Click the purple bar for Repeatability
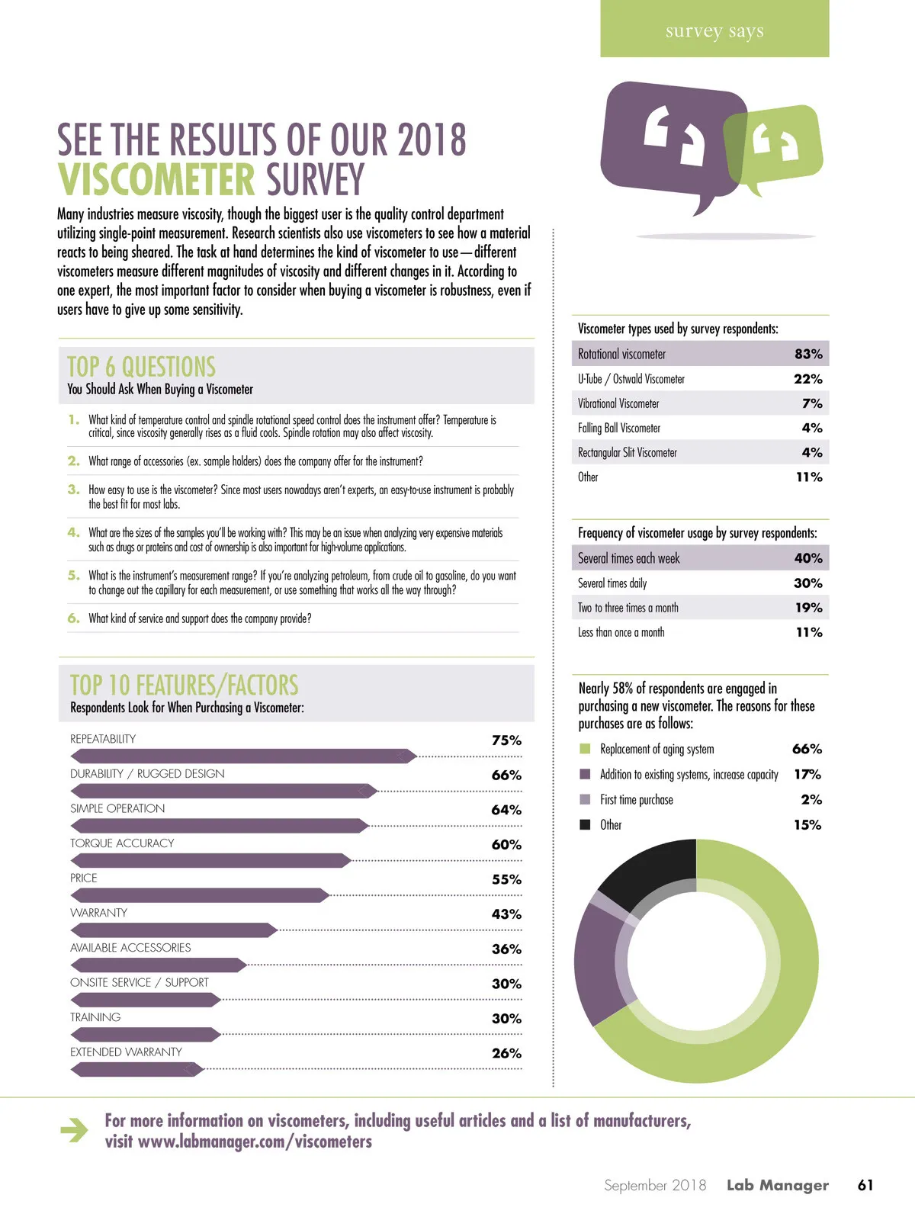(x=244, y=756)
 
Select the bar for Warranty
(x=174, y=930)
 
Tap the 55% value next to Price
(x=506, y=879)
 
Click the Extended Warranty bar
(x=137, y=1069)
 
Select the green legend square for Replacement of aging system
(x=585, y=749)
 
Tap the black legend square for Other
(x=585, y=824)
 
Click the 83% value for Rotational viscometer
(x=808, y=354)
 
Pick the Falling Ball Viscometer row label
(x=619, y=428)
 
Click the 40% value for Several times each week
(x=808, y=558)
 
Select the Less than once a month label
(x=621, y=632)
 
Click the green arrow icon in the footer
(x=75, y=1130)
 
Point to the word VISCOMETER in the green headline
(x=157, y=180)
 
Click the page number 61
(x=865, y=1185)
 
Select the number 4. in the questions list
(x=73, y=532)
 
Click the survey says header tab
(x=714, y=31)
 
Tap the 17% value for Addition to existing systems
(x=807, y=774)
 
